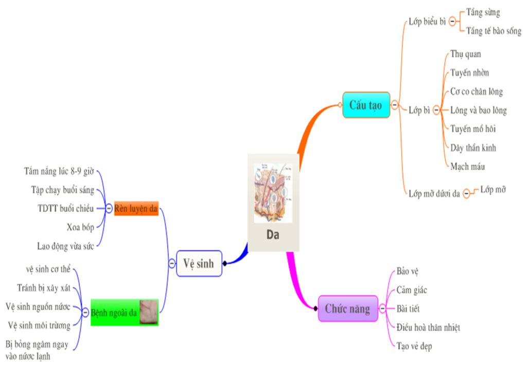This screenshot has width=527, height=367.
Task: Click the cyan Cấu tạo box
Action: (366, 105)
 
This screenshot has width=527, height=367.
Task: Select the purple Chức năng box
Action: (347, 308)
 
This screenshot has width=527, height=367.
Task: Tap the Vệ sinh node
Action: (199, 263)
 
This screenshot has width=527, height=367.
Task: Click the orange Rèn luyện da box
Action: (136, 208)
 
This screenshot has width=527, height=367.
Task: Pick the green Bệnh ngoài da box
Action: (115, 311)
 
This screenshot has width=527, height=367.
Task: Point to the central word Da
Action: (273, 235)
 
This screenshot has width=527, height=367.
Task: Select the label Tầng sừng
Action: (483, 12)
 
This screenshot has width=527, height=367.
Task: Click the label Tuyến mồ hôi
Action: (473, 129)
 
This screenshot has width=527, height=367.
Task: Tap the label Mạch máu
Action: (467, 167)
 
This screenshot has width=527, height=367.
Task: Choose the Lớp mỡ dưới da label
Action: (434, 194)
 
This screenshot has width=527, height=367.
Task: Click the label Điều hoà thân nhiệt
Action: (428, 327)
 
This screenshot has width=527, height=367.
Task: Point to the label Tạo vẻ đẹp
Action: (414, 346)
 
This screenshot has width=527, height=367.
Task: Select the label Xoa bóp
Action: (80, 227)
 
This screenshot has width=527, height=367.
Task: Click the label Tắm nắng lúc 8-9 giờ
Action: (59, 171)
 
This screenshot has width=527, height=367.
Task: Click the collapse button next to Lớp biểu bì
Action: (452, 22)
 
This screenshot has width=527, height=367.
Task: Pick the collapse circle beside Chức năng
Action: (382, 308)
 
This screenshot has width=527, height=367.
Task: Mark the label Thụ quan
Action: (465, 54)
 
